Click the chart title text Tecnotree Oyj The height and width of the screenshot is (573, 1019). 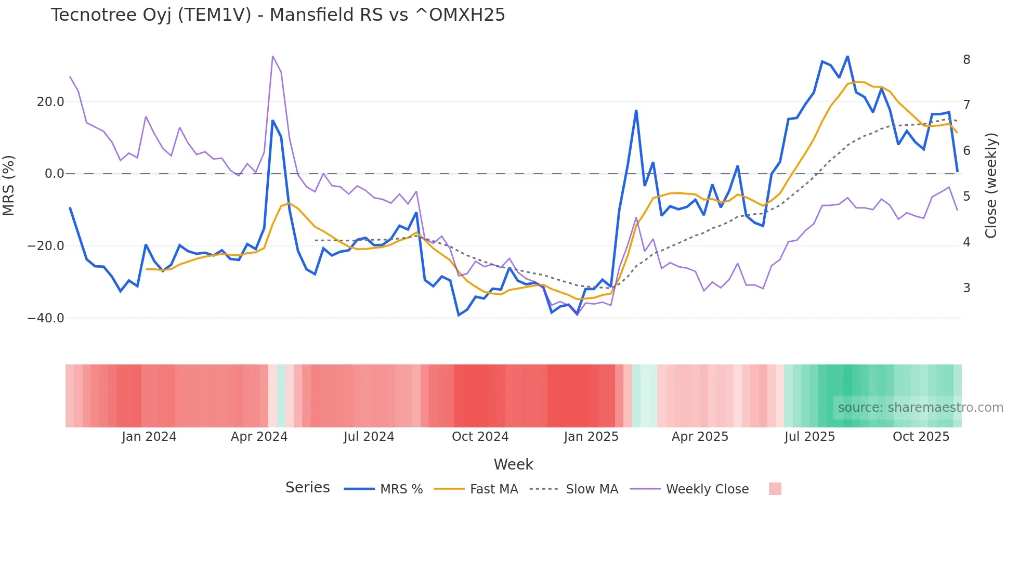point(278,15)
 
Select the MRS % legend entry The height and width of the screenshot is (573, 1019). point(401,489)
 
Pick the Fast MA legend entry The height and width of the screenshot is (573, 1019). point(493,489)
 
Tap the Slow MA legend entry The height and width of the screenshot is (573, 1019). point(592,489)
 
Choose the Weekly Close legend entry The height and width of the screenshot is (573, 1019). point(707,489)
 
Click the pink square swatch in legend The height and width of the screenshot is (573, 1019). point(775,489)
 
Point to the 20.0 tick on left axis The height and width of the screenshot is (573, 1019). point(50,102)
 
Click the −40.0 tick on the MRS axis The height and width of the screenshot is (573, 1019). point(46,318)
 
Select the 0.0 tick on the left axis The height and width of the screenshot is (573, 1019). point(55,174)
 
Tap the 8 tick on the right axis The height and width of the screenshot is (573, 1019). point(966,60)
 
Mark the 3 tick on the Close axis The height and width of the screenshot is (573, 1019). point(966,288)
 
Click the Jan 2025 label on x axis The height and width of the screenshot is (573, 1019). point(591,437)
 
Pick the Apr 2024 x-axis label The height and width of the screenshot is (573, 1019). point(259,437)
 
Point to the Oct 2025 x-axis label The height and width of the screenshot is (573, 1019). point(921,437)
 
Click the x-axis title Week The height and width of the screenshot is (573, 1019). point(513,464)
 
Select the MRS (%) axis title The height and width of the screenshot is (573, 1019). point(9,186)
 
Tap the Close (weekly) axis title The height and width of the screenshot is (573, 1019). point(991,186)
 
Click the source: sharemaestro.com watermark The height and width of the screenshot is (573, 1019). point(920,408)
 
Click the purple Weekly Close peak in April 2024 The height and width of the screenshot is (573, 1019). point(272,56)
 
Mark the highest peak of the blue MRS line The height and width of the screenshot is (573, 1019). point(847,57)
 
